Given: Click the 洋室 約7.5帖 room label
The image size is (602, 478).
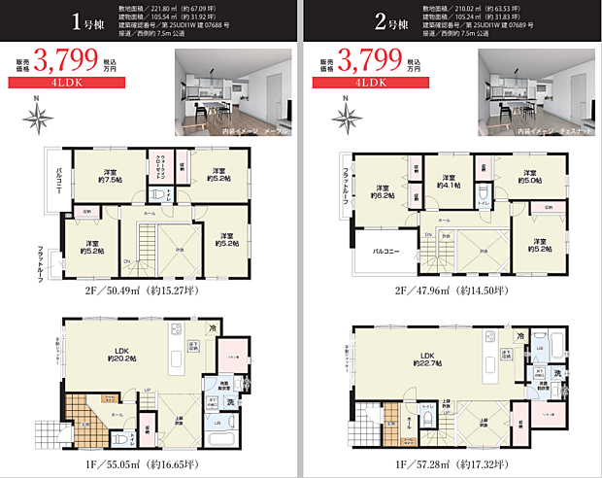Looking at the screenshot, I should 110,174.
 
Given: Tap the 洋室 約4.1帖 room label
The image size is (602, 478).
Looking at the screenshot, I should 451,181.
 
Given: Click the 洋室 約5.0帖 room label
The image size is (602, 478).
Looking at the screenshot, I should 531,175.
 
